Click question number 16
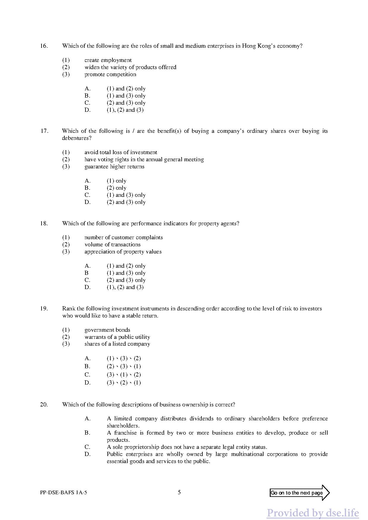44,46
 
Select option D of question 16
125,110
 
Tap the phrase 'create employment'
108,60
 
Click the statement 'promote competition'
110,74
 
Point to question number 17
44,131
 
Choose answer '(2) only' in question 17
116,188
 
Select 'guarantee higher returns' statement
114,167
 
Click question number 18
44,224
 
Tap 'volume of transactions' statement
112,245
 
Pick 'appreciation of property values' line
123,252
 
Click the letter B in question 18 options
87,273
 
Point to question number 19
44,309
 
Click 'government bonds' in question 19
107,330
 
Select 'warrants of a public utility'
117,337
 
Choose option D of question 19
124,383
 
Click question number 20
44,405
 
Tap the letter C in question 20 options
87,447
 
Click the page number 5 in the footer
179,492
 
